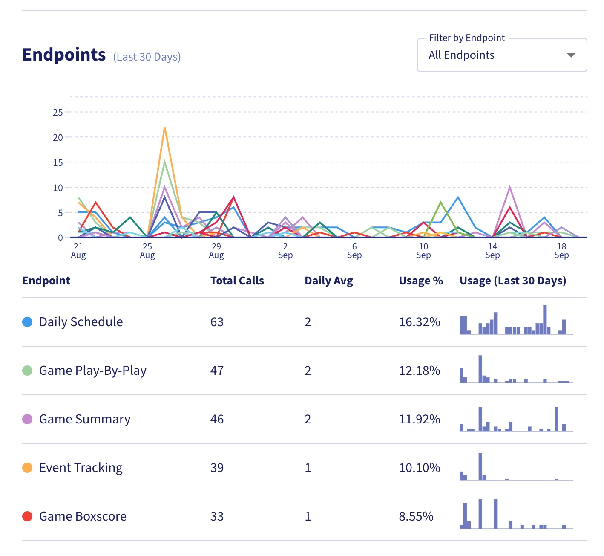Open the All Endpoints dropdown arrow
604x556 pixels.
pyautogui.click(x=571, y=55)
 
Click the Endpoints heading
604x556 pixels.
pyautogui.click(x=64, y=55)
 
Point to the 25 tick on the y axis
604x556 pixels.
pyautogui.click(x=58, y=113)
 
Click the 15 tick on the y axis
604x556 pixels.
pyautogui.click(x=58, y=162)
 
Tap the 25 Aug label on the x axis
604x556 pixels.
pyautogui.click(x=147, y=251)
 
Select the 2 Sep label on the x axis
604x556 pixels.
pyautogui.click(x=285, y=251)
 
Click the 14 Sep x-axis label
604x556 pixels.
pyautogui.click(x=492, y=251)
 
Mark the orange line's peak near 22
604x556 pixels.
pyautogui.click(x=164, y=127)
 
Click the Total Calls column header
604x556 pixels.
pyautogui.click(x=237, y=281)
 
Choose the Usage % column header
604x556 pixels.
pyautogui.click(x=421, y=281)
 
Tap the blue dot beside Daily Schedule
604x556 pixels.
pyautogui.click(x=27, y=322)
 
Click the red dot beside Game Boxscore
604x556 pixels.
pyautogui.click(x=27, y=516)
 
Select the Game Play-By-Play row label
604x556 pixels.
pyautogui.click(x=93, y=371)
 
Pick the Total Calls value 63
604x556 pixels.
pyautogui.click(x=217, y=322)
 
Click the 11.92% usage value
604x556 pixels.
pyautogui.click(x=420, y=419)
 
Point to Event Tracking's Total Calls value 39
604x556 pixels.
pyautogui.click(x=217, y=468)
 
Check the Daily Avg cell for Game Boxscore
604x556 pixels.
pyautogui.click(x=308, y=516)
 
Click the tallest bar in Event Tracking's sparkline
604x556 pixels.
pyautogui.click(x=480, y=466)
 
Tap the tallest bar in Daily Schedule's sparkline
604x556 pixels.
pyautogui.click(x=545, y=319)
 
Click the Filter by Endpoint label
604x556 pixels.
pyautogui.click(x=466, y=38)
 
